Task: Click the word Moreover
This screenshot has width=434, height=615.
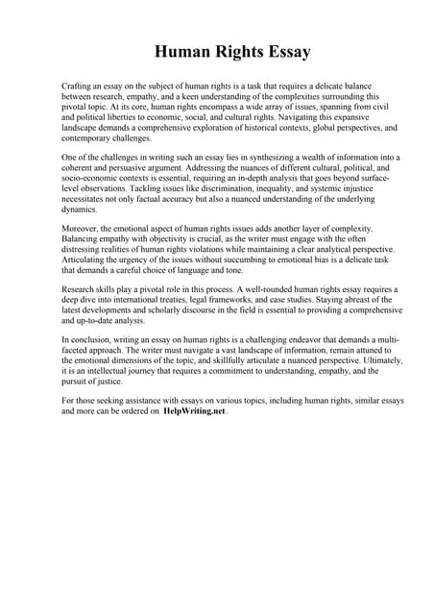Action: click(82, 229)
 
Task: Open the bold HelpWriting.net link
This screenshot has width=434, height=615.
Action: click(192, 411)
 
